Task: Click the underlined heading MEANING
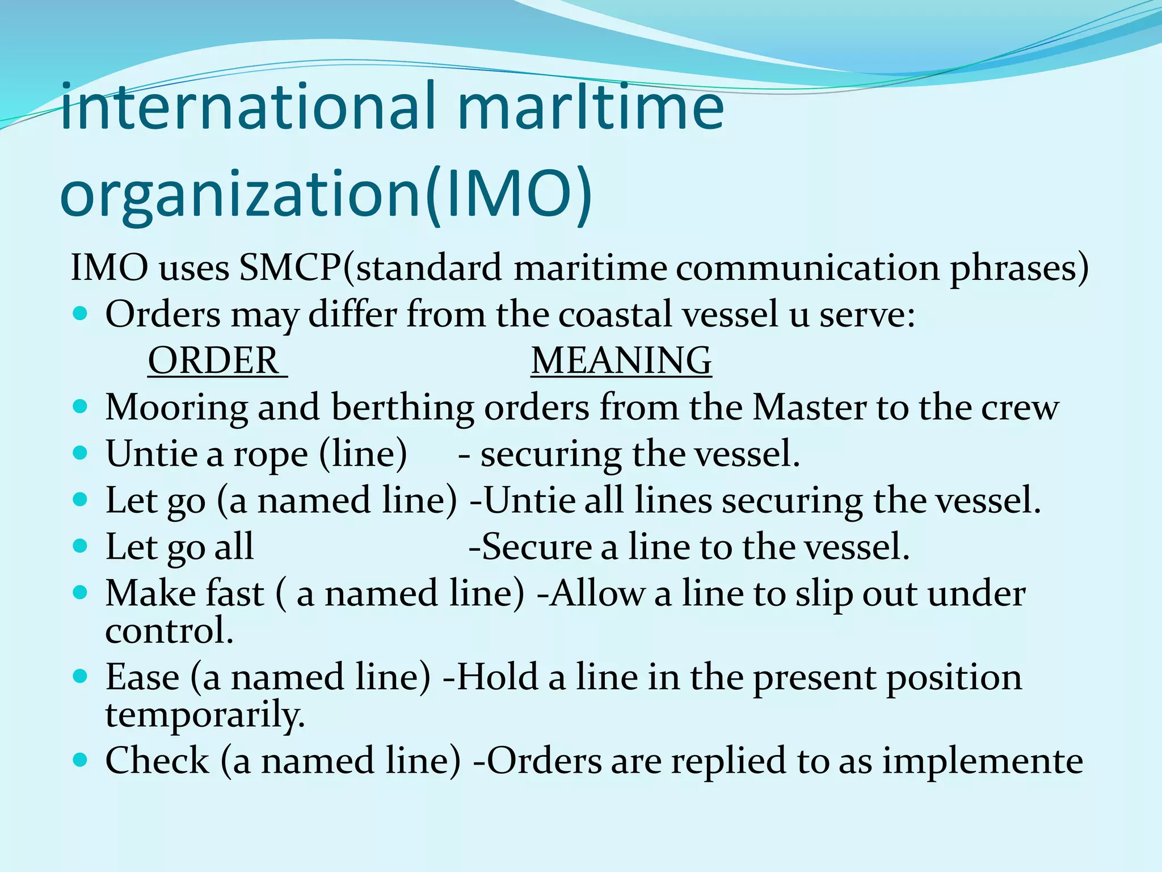(x=621, y=360)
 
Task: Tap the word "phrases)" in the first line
(x=1019, y=267)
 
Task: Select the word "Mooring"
(x=176, y=408)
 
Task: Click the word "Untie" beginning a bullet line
(x=151, y=454)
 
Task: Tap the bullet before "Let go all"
(x=81, y=546)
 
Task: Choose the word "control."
(x=169, y=631)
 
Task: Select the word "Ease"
(x=142, y=677)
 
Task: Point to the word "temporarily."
(x=205, y=715)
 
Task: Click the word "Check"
(x=157, y=761)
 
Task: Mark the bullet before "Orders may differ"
(x=81, y=313)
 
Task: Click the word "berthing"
(x=402, y=408)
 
